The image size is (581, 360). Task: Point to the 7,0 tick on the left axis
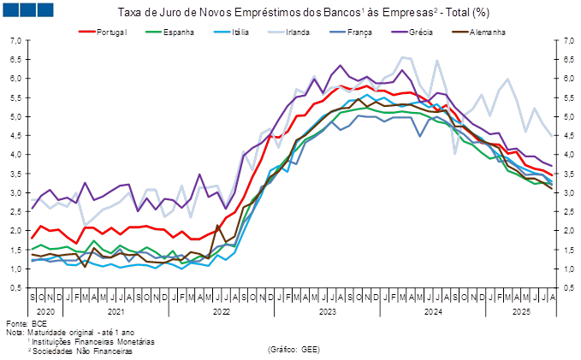click(16, 41)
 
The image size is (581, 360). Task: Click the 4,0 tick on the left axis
click(16, 155)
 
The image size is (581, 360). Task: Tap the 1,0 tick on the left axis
click(16, 269)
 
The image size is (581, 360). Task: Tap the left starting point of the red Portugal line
click(33, 238)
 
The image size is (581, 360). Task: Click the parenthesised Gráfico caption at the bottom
click(293, 348)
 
